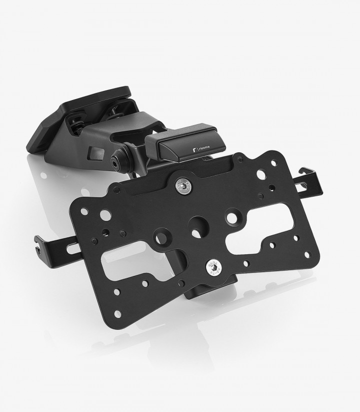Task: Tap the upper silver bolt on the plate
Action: point(183,186)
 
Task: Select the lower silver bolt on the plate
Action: point(214,268)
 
